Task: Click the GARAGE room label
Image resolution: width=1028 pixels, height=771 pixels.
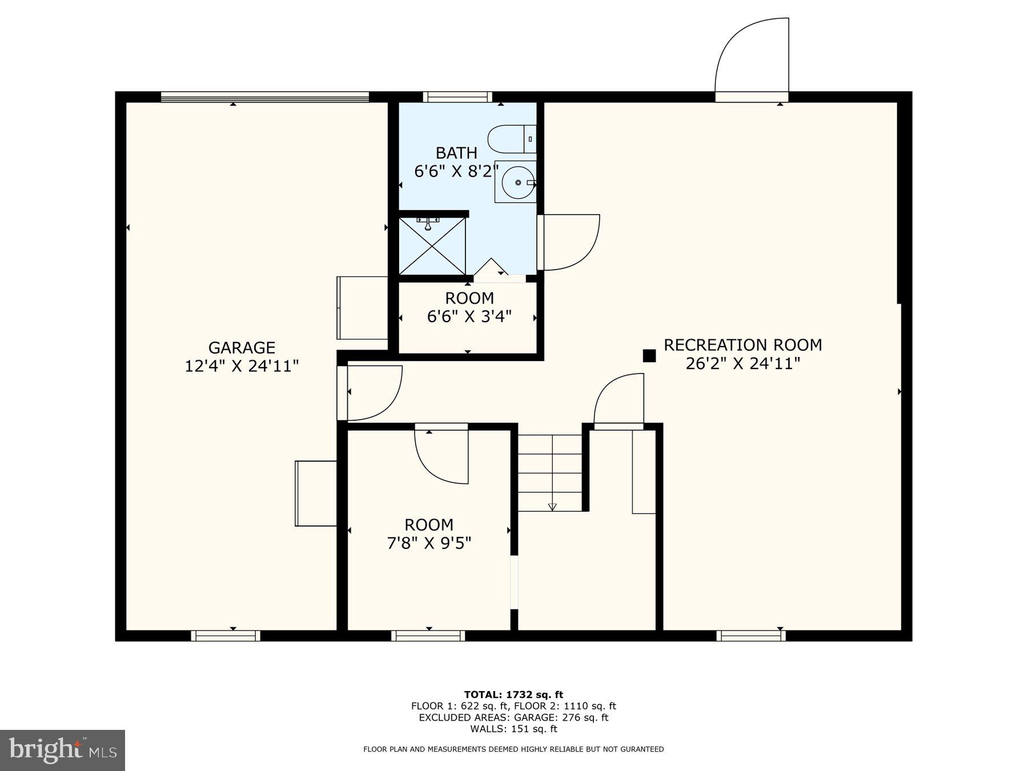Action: coord(242,347)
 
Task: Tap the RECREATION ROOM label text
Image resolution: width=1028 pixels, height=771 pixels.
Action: coord(742,345)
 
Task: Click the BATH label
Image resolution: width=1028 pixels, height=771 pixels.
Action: coord(456,153)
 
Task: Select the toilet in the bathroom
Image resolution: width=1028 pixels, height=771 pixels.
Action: coord(511,139)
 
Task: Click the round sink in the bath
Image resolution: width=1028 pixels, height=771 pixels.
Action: coord(517,182)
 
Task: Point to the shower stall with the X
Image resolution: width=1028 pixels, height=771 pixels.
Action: coord(432,246)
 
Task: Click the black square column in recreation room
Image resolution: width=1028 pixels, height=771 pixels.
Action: coord(649,356)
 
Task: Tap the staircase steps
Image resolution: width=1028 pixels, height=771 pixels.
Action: coord(550,473)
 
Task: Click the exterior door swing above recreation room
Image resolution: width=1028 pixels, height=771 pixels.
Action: coord(752,57)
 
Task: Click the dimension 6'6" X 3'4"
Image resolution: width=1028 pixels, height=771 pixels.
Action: coord(469,316)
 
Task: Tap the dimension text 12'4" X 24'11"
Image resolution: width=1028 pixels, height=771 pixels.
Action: coord(242,366)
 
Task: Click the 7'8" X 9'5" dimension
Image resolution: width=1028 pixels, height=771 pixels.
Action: coord(429,543)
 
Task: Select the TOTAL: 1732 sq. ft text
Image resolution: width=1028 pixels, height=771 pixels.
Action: coord(513,694)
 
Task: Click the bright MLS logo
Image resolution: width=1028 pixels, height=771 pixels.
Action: coord(62,750)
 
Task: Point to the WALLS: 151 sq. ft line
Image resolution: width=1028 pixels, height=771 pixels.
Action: coord(513,729)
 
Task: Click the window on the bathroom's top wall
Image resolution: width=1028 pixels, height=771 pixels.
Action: coord(457,97)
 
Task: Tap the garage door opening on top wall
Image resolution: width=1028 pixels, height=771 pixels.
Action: coord(265,97)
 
